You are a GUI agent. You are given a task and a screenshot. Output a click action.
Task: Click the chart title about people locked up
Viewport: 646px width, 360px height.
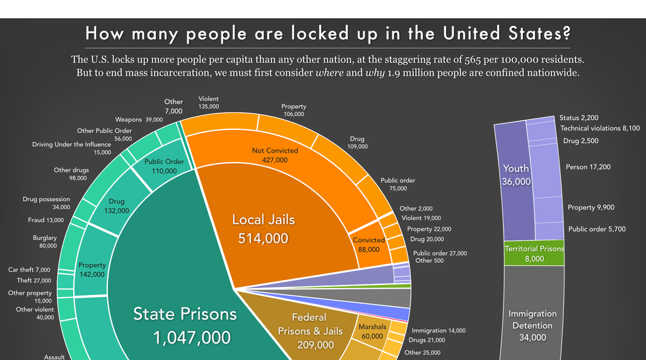(x=327, y=33)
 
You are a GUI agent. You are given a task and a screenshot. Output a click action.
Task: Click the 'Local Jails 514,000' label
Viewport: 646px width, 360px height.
(x=263, y=229)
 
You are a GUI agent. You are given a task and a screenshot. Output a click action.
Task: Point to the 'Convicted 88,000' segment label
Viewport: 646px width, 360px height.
(x=369, y=245)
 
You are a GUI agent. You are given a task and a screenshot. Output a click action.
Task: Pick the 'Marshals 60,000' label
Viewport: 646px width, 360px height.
(x=372, y=332)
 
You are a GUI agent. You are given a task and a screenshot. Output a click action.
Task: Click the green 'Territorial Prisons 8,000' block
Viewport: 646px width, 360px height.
(x=534, y=253)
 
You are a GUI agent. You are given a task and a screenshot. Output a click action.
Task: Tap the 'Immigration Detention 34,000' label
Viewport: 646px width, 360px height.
(x=532, y=325)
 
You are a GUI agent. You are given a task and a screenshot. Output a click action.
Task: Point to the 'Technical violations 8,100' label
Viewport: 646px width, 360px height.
(x=600, y=128)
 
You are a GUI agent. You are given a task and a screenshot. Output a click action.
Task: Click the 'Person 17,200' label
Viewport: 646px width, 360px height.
(x=589, y=167)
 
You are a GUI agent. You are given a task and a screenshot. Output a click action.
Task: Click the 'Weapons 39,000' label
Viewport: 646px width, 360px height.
(x=138, y=119)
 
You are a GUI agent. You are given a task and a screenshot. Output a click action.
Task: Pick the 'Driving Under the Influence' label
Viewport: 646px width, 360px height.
(x=71, y=148)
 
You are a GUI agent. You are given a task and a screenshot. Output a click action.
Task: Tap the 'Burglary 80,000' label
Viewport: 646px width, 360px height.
(x=45, y=241)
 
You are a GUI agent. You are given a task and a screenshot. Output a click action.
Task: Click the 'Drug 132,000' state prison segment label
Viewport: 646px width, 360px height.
(x=114, y=206)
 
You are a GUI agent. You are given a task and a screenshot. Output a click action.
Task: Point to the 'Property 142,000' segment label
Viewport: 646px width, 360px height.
(x=92, y=270)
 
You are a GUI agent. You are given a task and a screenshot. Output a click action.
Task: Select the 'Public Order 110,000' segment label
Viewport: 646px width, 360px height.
(x=164, y=166)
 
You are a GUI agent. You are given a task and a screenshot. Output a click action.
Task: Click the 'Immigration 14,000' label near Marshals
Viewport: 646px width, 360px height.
(x=438, y=330)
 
